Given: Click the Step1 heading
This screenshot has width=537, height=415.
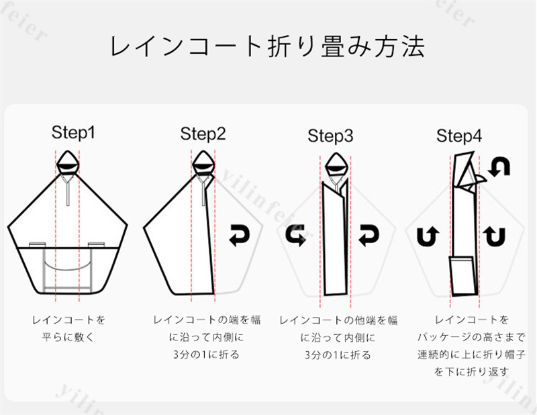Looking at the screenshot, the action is click(73, 132).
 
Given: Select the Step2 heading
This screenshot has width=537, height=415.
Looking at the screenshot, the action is click(203, 134).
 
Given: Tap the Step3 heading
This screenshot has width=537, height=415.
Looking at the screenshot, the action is click(330, 136).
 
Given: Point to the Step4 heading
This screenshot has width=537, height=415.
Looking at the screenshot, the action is click(459, 136).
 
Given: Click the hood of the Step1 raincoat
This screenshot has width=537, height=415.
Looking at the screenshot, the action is click(68, 163).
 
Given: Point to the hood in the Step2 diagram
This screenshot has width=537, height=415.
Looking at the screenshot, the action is click(203, 163).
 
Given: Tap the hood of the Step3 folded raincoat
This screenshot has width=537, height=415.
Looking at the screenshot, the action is click(336, 165).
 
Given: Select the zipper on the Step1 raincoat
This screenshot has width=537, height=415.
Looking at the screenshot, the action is click(68, 190).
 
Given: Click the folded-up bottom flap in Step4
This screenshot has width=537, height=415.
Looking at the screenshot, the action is click(464, 276).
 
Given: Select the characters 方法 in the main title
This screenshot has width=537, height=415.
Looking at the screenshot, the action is click(399, 46).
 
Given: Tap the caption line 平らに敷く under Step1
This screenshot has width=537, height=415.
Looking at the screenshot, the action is click(68, 337).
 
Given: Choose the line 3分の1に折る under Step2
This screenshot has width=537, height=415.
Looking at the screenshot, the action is click(206, 355).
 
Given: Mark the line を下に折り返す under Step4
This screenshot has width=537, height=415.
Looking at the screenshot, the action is click(472, 372).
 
